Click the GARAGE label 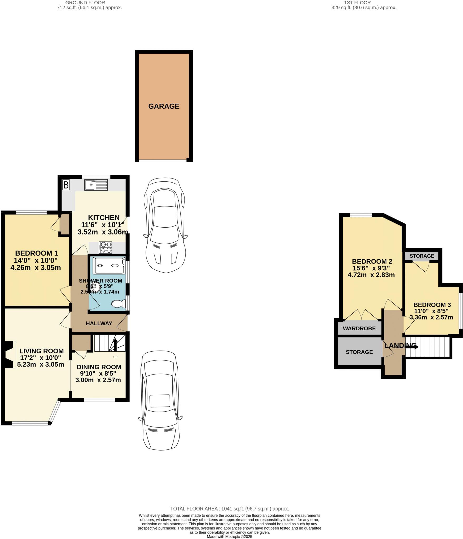tap(164, 106)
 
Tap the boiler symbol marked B tap(66, 185)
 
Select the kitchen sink tap(96, 185)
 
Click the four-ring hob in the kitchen tap(105, 247)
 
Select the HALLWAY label tap(99, 323)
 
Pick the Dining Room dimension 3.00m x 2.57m tap(98, 380)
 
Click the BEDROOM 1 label tap(36, 253)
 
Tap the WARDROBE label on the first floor tap(359, 328)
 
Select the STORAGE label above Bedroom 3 tap(422, 256)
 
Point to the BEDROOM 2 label tap(372, 261)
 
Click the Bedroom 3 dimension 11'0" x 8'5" tap(432, 311)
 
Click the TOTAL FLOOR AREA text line tap(229, 509)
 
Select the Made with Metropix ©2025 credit tap(229, 536)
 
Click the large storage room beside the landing tap(359, 352)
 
